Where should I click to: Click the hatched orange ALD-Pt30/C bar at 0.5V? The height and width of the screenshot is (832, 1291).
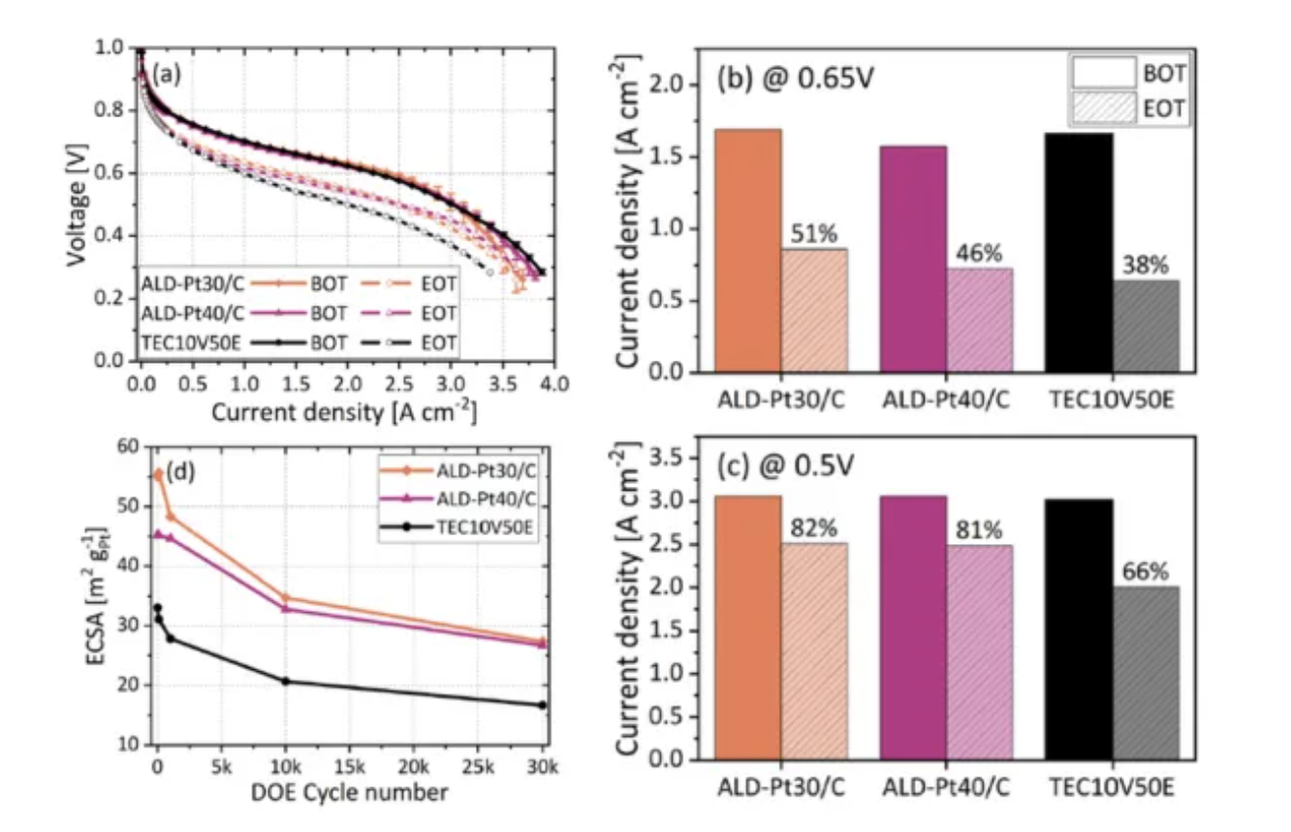click(814, 650)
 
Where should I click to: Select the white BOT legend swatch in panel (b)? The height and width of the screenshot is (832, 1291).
click(1102, 73)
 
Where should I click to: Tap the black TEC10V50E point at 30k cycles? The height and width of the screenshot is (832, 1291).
click(542, 705)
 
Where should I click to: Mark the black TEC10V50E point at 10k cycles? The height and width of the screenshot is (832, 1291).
click(285, 681)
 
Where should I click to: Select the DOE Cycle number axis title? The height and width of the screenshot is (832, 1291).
click(351, 793)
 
